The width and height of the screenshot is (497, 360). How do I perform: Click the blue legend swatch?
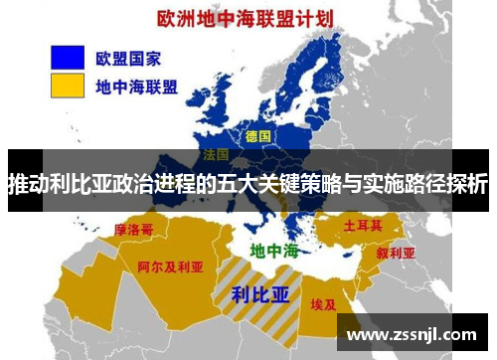pos(61,57)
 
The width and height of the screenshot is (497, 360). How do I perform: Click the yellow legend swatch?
pos(61,86)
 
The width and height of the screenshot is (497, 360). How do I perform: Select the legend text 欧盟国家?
pos(128,57)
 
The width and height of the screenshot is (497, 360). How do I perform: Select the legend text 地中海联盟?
pos(136,87)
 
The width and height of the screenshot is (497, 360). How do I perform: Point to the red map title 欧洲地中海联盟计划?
pos(241,18)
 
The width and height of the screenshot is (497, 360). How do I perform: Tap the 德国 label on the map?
pos(257,136)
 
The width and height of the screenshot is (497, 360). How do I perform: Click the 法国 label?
pos(216,156)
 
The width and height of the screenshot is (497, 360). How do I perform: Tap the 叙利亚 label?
pos(395,253)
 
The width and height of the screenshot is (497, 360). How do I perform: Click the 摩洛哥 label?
pos(134,230)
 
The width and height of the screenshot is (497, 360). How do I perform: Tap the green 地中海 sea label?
pos(273,250)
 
